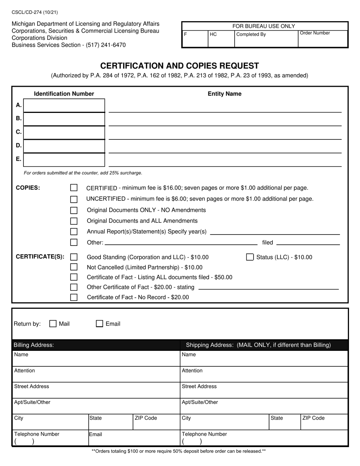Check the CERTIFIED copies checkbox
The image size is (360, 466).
coord(74,188)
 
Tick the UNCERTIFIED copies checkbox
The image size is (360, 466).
coord(74,199)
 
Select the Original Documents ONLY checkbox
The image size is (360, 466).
coord(74,210)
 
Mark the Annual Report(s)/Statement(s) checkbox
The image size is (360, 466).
coord(74,232)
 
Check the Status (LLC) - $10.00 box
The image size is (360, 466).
coord(250,257)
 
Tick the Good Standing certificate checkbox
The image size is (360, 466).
coord(74,257)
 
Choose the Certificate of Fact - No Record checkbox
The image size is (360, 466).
coord(74,297)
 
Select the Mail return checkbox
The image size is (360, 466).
coord(53,324)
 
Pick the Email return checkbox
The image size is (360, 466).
coord(99,324)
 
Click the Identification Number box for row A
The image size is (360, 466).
coord(64,106)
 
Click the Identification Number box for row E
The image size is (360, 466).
coord(64,160)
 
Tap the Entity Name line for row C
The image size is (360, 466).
coord(225,134)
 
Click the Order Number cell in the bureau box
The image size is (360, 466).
coord(322,39)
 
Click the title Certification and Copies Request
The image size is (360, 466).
coord(180,66)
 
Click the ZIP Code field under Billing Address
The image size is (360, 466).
coord(156,422)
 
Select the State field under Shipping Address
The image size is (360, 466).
coord(284,422)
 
